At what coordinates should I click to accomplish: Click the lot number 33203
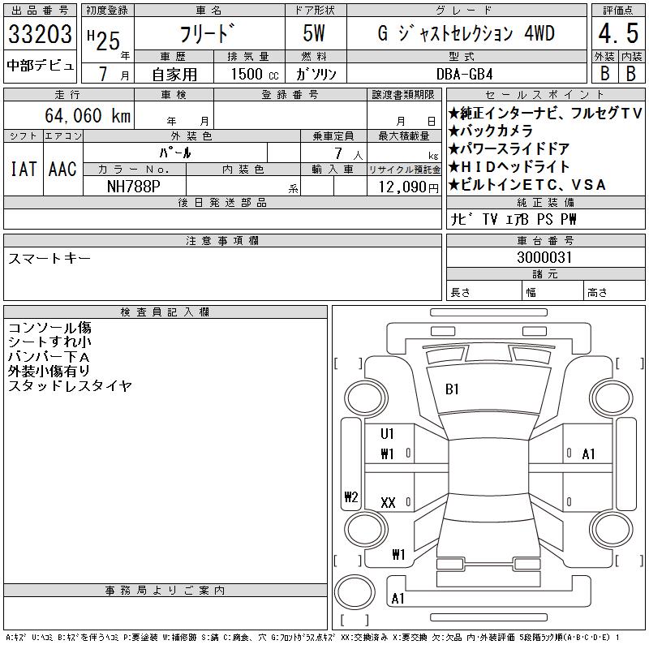40,33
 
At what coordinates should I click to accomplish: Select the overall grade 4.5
618,33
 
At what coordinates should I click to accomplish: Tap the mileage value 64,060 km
88,115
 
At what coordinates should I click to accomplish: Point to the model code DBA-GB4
464,74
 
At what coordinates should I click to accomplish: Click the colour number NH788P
133,187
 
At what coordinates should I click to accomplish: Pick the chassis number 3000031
544,257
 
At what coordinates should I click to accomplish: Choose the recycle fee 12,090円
408,187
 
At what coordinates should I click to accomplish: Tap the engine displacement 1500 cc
255,74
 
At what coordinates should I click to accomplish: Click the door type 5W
314,33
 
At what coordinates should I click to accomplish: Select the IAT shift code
24,169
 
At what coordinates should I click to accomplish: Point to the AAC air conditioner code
62,169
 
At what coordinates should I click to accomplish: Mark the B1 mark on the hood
452,389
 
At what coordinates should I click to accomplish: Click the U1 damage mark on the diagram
387,434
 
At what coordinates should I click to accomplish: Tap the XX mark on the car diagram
388,503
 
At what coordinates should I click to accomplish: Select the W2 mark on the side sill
351,496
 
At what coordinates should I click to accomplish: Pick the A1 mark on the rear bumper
398,599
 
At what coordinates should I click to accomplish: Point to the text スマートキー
49,258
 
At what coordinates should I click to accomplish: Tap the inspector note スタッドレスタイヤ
70,386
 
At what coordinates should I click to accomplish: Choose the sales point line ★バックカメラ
490,131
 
